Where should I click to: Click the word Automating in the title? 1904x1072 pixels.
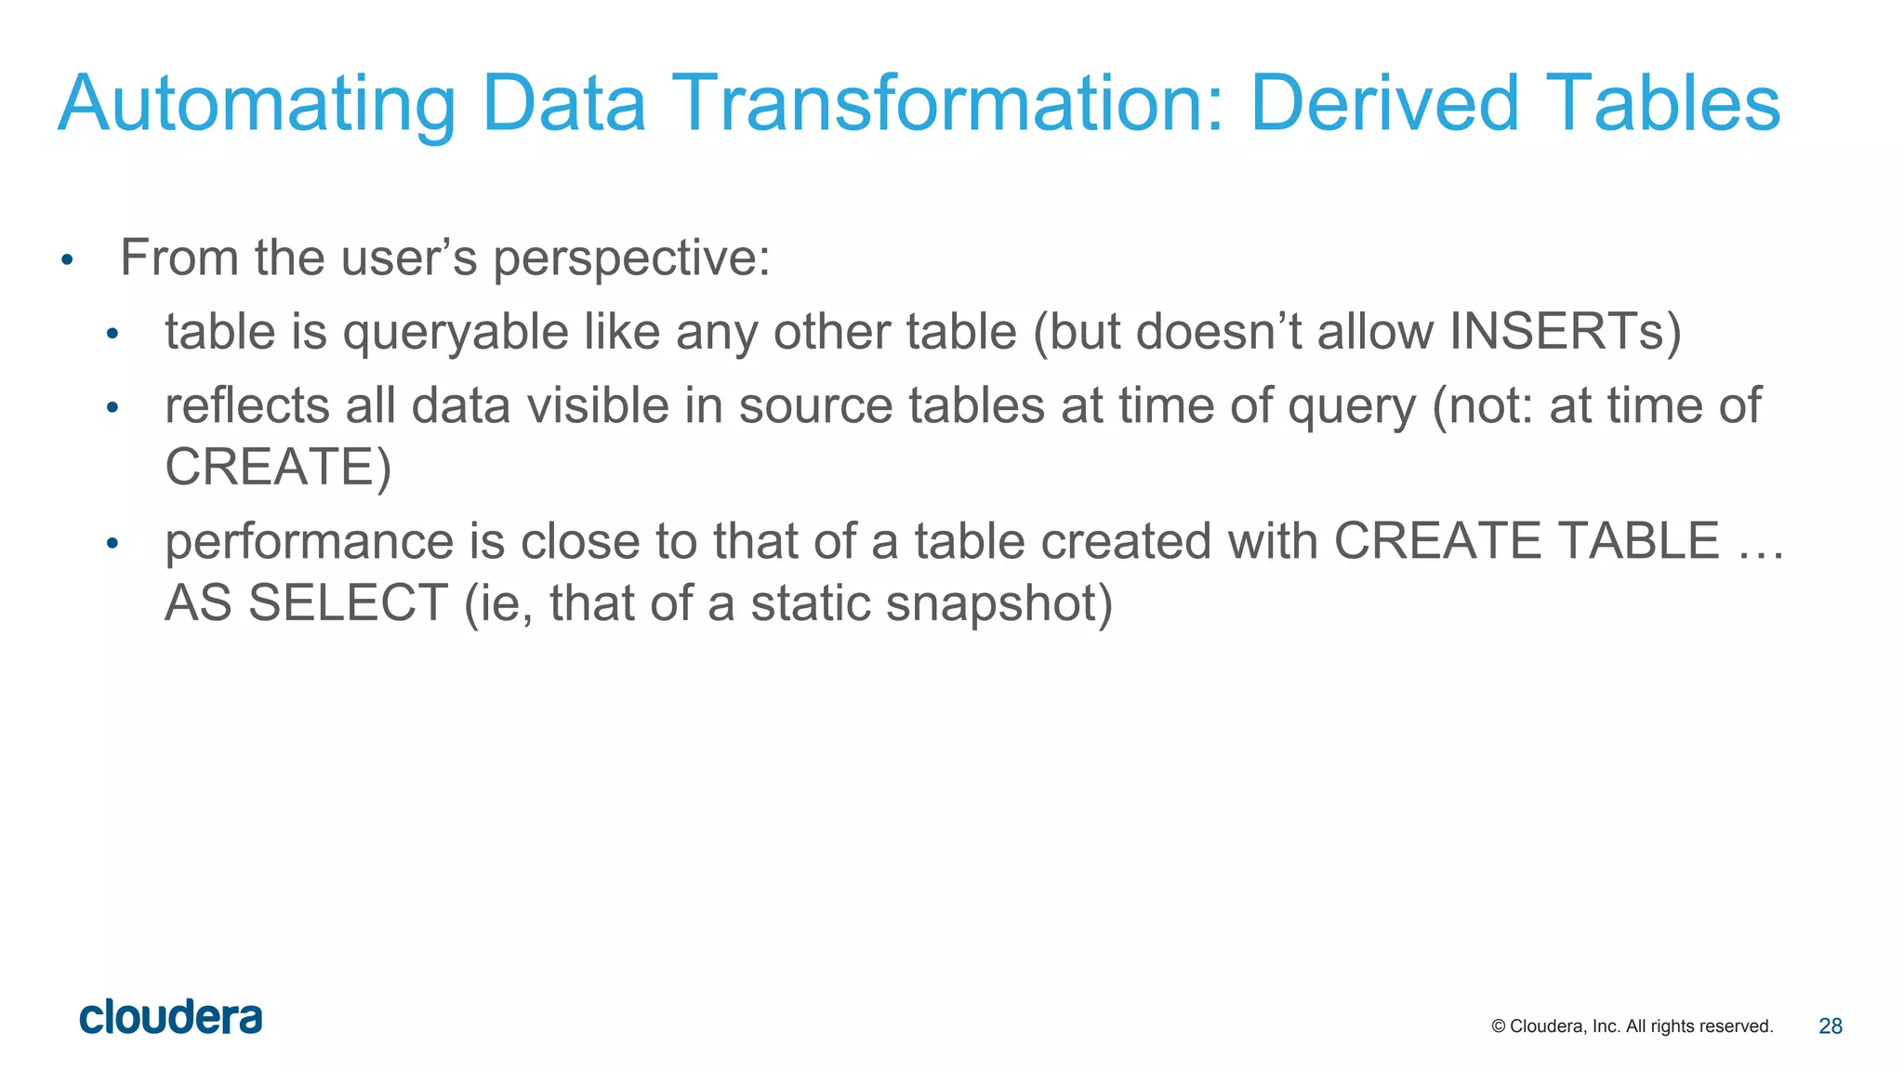[257, 104]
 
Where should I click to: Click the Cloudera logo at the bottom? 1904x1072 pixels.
[171, 1017]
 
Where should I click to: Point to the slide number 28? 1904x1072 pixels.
[1830, 1026]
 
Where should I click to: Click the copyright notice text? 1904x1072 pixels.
[1632, 1026]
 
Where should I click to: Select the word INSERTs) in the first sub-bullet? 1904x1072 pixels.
[1566, 331]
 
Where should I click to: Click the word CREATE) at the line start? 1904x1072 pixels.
[278, 467]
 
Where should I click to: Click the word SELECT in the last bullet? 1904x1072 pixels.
[349, 602]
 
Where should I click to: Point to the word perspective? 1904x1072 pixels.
[631, 258]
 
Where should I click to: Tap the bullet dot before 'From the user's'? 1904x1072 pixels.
[66, 259]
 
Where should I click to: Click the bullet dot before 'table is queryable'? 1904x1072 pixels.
[112, 333]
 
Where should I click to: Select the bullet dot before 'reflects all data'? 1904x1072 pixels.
[112, 407]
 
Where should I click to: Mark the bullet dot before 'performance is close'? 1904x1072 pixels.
[112, 543]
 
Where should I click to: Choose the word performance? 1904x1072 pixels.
[309, 543]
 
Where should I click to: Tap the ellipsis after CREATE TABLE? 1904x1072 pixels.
[1761, 543]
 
